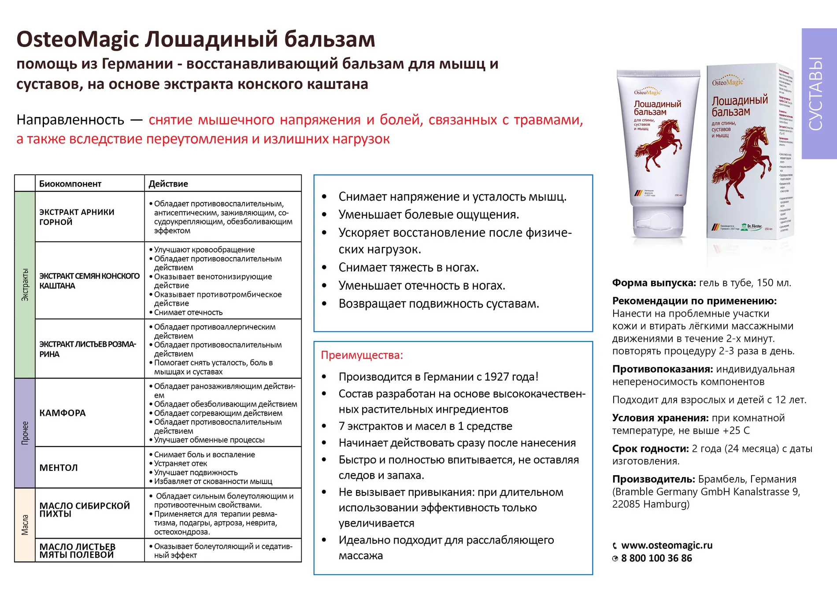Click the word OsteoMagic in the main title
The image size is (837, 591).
click(x=78, y=40)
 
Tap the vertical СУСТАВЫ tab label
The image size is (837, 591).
click(x=816, y=93)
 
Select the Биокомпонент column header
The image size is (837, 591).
click(x=70, y=184)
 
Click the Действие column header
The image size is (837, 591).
click(x=168, y=184)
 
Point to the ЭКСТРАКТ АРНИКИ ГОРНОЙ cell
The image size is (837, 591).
click(x=77, y=217)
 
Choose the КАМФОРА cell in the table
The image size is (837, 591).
click(x=63, y=413)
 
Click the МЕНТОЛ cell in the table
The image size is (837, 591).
click(x=59, y=468)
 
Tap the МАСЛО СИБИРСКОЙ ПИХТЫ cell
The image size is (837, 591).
click(x=85, y=510)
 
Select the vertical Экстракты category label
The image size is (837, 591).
click(x=25, y=285)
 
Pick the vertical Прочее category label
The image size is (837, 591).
click(x=25, y=433)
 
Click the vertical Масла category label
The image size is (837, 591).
click(x=25, y=525)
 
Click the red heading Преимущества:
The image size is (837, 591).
click(x=362, y=355)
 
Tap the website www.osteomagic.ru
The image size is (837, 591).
click(x=667, y=545)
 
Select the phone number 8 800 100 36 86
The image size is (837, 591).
click(x=656, y=558)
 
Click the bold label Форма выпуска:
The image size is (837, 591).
click(x=654, y=283)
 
